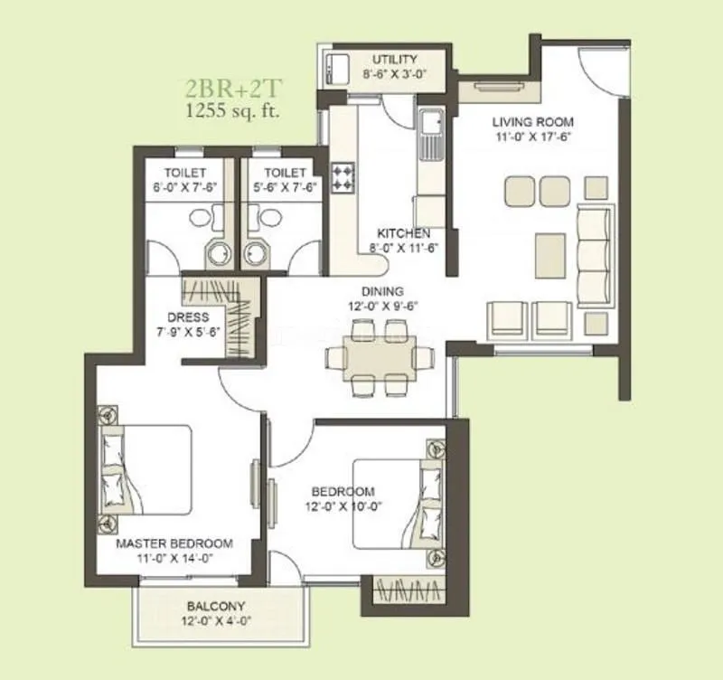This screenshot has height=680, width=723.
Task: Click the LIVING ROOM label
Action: click(532, 122)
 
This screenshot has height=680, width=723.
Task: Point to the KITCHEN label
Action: click(404, 233)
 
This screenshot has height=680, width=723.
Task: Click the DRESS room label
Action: click(188, 317)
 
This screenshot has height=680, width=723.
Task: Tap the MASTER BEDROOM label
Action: click(174, 543)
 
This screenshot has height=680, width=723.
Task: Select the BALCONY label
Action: click(216, 606)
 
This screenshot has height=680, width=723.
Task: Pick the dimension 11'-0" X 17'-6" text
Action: click(532, 137)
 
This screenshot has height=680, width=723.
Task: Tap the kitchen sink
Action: click(429, 127)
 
